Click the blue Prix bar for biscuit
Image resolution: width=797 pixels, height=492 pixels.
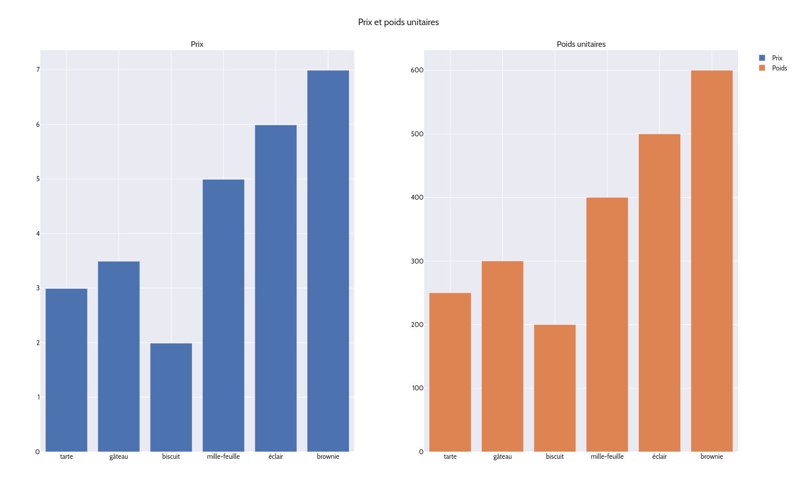(171, 397)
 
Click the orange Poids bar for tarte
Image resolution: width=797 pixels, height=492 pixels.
(450, 372)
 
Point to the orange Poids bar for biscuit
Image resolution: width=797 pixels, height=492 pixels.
(555, 388)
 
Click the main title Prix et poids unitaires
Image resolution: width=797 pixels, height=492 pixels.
(398, 22)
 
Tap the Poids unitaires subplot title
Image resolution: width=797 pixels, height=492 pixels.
(581, 44)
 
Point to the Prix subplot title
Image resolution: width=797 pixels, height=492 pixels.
(197, 44)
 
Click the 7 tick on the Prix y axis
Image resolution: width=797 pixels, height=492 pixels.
(38, 70)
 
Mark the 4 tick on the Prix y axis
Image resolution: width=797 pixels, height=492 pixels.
(38, 233)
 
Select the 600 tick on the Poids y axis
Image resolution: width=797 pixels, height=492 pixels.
(417, 70)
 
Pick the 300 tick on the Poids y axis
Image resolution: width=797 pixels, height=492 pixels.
(417, 261)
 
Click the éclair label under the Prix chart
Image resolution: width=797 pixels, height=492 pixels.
(276, 457)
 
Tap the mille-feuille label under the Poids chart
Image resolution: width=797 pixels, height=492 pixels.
(607, 457)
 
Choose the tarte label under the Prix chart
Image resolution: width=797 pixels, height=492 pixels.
(66, 457)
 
